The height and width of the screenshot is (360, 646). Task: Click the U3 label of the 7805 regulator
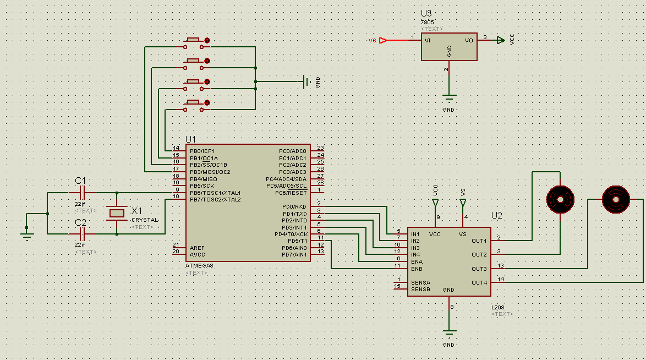[x=426, y=13]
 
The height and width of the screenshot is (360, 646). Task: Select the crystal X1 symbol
[x=117, y=212]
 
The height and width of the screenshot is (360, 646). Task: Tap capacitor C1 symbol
[x=82, y=193]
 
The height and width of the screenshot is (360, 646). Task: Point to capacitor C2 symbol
[x=82, y=233]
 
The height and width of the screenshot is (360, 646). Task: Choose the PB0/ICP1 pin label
[x=202, y=151]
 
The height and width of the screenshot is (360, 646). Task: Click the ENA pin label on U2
[x=417, y=261]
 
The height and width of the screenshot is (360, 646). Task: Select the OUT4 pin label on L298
[x=479, y=282]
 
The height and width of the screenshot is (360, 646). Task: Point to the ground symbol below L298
[x=450, y=334]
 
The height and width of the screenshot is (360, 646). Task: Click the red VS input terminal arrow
[x=384, y=40]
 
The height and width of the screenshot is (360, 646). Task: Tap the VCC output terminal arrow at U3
[x=500, y=40]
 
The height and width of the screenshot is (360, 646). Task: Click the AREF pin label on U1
[x=197, y=248]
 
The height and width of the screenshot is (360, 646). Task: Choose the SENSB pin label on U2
[x=420, y=290]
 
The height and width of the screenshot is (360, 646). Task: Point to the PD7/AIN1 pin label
[x=294, y=254]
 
